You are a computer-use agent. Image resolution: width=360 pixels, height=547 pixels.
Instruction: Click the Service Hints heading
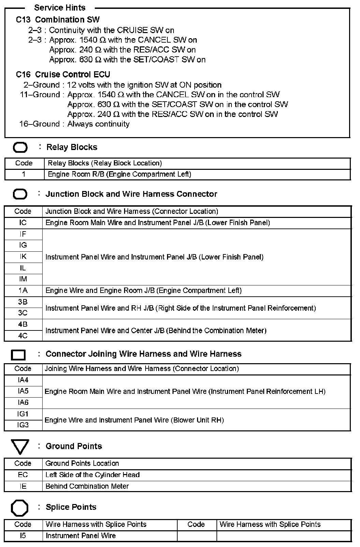[x=60, y=8]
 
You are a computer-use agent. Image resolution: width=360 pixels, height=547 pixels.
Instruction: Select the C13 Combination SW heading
[x=58, y=20]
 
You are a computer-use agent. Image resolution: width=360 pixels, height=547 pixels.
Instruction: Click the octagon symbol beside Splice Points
[x=20, y=508]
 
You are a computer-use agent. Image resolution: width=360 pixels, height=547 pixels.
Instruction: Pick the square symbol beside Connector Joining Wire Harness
[x=18, y=355]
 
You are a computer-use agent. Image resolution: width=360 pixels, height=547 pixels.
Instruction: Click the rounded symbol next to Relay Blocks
[x=20, y=147]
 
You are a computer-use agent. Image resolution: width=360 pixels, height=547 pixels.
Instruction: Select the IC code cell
[x=23, y=223]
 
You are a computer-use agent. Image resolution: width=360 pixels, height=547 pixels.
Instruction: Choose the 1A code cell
[x=23, y=291]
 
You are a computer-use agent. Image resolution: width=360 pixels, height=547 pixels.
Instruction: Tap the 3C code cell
[x=23, y=313]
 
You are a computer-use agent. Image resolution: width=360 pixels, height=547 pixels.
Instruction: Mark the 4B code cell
[x=23, y=324]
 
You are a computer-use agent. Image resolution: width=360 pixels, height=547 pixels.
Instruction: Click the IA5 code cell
[x=23, y=391]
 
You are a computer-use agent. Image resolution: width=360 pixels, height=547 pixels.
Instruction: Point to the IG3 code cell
[x=23, y=425]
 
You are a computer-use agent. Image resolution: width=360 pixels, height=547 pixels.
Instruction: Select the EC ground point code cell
[x=23, y=475]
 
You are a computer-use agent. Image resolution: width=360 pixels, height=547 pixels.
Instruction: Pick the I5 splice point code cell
[x=23, y=536]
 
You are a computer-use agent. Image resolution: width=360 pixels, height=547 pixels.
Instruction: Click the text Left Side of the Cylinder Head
[x=92, y=475]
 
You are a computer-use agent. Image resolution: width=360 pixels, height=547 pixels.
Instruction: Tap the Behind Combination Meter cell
[x=87, y=486]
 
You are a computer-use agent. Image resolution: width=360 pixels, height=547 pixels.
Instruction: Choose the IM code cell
[x=23, y=279]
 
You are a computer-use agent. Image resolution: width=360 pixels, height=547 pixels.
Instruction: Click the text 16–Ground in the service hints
[x=39, y=124]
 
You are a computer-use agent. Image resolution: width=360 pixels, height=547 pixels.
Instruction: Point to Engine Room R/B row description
[x=119, y=174]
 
